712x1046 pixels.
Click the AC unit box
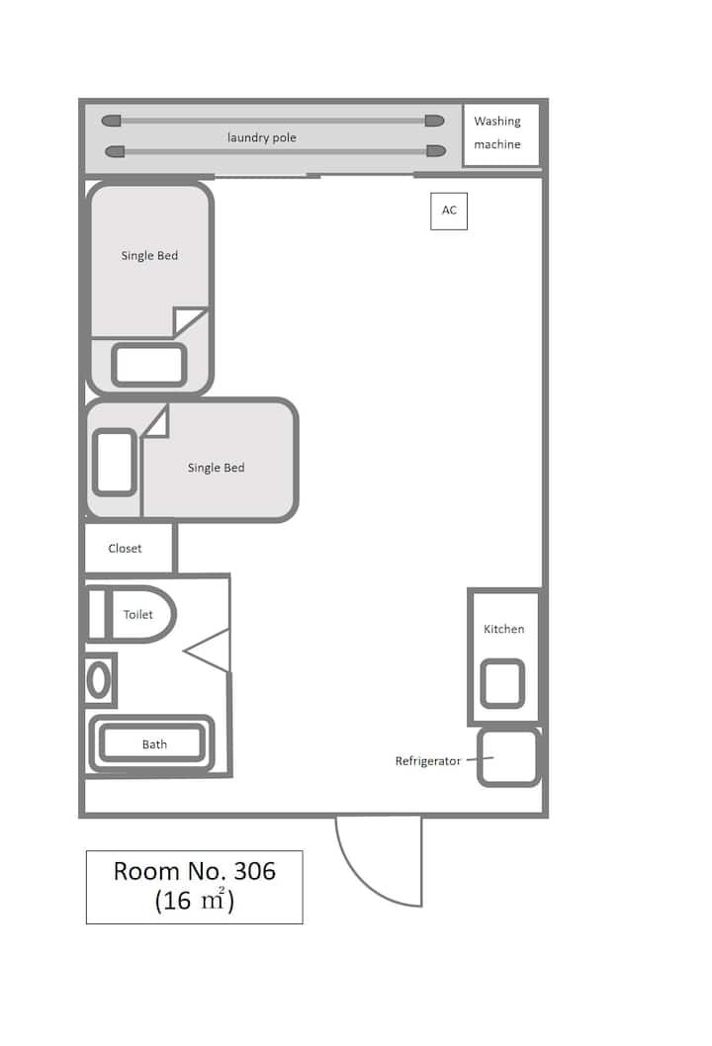point(448,211)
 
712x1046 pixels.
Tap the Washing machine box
point(500,134)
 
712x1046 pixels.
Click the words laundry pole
point(262,137)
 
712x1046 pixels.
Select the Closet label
point(125,549)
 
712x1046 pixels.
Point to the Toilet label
point(138,614)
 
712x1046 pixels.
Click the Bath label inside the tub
point(154,744)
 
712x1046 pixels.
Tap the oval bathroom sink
point(99,680)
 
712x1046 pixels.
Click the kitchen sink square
point(502,683)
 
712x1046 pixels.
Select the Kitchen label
point(503,629)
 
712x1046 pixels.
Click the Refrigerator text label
point(428,761)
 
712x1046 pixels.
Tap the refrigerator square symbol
point(508,757)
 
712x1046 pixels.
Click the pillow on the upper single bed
point(148,365)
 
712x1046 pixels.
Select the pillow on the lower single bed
point(115,463)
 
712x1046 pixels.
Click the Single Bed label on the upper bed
point(149,255)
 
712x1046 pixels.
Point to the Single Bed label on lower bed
point(217,468)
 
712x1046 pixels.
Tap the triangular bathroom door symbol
point(208,651)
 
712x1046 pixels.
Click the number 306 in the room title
point(254,871)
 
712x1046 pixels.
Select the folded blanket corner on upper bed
point(190,321)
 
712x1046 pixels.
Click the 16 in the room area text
point(176,901)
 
